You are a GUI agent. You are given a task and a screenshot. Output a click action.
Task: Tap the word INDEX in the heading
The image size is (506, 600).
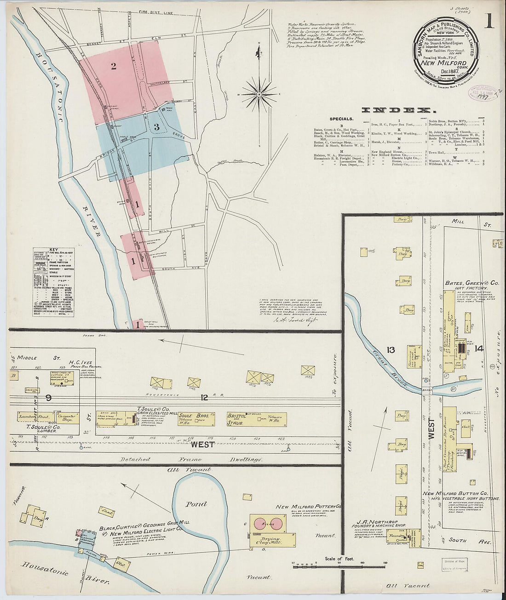click(398, 110)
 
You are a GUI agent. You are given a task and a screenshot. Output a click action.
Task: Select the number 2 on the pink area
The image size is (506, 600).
click(113, 66)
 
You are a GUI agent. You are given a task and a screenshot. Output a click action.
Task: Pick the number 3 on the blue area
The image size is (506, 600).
click(156, 126)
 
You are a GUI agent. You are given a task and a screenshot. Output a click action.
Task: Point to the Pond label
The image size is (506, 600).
click(196, 504)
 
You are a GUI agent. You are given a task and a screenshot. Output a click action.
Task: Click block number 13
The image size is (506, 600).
click(391, 350)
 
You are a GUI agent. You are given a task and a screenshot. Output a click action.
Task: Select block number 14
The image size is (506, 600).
click(479, 349)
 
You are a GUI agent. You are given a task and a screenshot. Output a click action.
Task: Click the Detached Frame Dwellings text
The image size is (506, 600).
click(191, 459)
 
